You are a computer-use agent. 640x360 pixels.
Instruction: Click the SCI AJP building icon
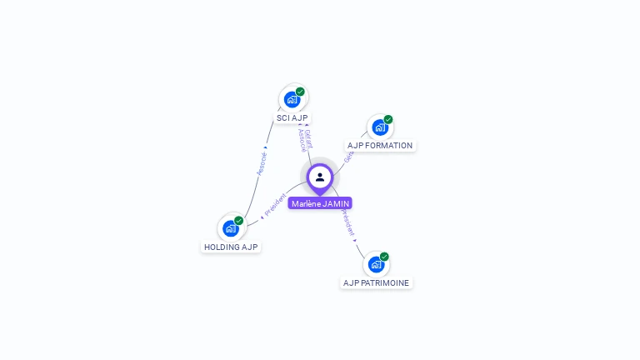[x=292, y=99]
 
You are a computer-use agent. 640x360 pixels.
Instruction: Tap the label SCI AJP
[x=292, y=118]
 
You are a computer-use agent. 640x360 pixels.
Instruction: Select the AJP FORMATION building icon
[x=380, y=127]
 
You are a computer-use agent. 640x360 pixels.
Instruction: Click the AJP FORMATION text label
[x=380, y=146]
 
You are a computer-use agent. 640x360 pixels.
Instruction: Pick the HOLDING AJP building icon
[x=230, y=228]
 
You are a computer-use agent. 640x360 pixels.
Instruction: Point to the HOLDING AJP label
[x=232, y=247]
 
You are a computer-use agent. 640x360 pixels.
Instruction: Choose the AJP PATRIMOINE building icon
[x=376, y=264]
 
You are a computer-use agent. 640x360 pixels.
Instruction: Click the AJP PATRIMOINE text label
[x=377, y=282]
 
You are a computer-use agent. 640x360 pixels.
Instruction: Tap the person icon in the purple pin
[x=320, y=177]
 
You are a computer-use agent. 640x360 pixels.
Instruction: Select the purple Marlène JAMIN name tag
[x=320, y=203]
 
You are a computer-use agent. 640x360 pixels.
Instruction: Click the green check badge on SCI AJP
[x=300, y=92]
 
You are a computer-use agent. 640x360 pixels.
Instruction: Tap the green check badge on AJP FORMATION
[x=388, y=120]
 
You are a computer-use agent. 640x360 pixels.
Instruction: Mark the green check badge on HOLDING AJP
[x=238, y=221]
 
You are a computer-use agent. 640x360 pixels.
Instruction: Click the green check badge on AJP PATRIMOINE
[x=384, y=257]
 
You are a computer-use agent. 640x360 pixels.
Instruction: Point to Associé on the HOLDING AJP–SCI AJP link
[x=262, y=162]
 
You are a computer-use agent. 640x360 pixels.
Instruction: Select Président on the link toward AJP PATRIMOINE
[x=347, y=223]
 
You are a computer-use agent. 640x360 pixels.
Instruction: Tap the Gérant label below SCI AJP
[x=309, y=137]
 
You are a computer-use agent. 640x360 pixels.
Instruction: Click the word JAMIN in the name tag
[x=336, y=203]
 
